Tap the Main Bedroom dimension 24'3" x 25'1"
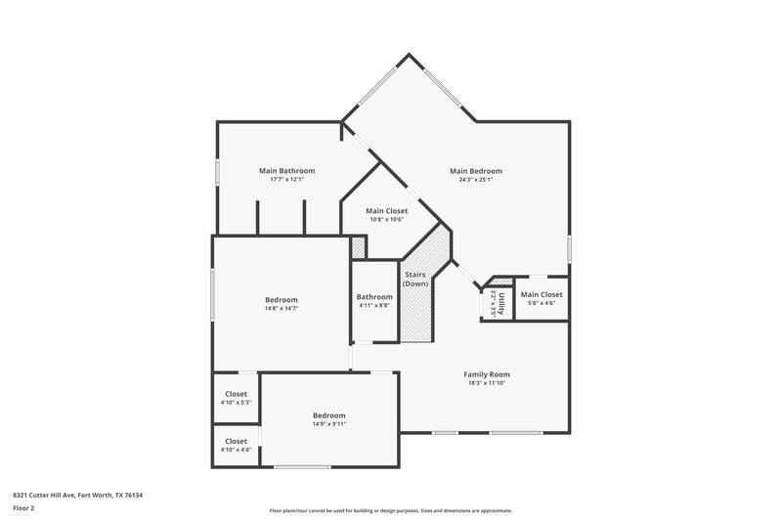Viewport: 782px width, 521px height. [x=476, y=179]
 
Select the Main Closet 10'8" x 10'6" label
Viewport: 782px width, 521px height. [x=387, y=210]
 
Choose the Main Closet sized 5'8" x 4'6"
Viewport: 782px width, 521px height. [x=542, y=294]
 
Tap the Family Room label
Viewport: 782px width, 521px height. [x=486, y=373]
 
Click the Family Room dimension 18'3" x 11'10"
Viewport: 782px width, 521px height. [x=486, y=383]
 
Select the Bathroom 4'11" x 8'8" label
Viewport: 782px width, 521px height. [x=373, y=297]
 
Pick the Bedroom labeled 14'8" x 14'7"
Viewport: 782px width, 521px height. [x=281, y=299]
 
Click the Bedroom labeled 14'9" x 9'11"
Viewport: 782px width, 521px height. [x=328, y=415]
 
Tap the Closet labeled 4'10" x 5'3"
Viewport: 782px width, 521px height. [x=236, y=394]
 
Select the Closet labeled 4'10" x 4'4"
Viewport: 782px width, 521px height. [x=236, y=441]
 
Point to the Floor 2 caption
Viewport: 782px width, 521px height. [x=24, y=508]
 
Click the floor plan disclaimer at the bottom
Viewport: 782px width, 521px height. [x=390, y=510]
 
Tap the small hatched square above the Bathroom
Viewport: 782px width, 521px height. [x=358, y=247]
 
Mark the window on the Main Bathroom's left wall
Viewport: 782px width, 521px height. [x=216, y=170]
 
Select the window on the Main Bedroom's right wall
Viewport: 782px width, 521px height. [x=569, y=247]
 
